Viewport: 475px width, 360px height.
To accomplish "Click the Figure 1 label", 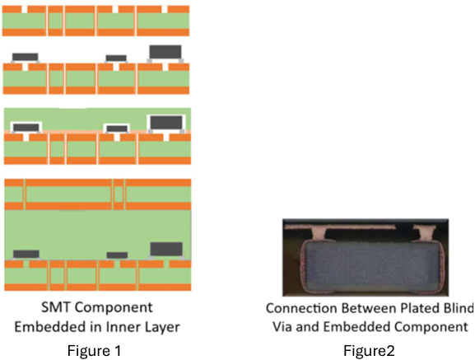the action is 94,351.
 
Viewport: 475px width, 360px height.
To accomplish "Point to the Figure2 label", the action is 369,351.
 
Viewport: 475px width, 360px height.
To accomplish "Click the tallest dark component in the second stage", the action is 165,52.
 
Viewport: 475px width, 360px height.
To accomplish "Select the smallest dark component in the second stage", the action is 116,58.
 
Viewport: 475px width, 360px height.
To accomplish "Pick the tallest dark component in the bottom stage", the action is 166,249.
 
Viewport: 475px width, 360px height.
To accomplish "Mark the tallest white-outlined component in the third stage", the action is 166,123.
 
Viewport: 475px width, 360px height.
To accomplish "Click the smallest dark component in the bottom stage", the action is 117,255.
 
